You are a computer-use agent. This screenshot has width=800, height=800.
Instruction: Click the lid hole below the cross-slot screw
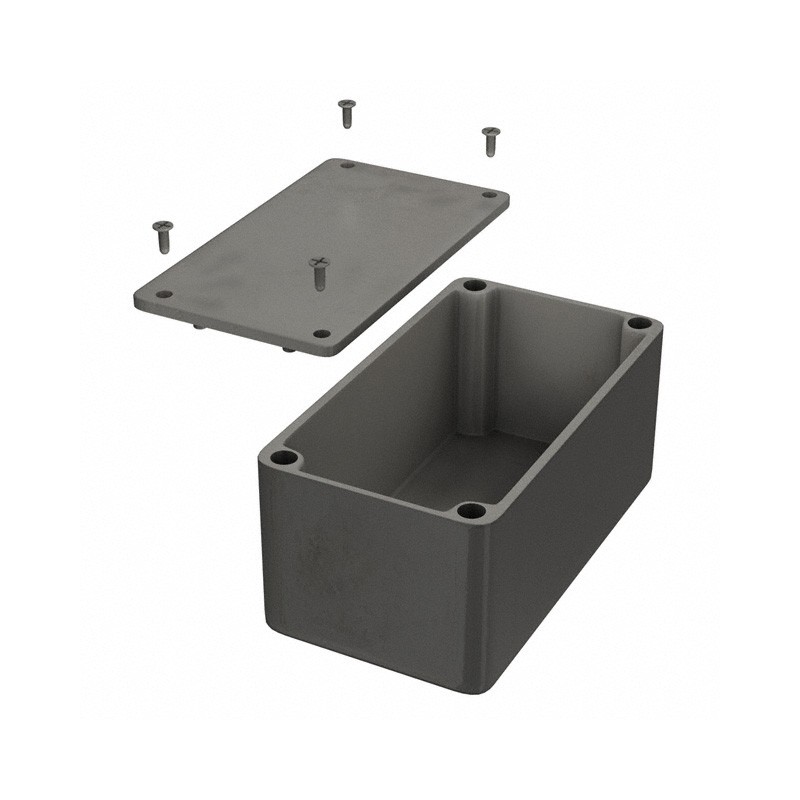[x=321, y=334]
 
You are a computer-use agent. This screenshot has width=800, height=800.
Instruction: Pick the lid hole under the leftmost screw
[x=164, y=295]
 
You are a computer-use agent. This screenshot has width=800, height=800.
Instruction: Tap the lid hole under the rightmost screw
[x=489, y=195]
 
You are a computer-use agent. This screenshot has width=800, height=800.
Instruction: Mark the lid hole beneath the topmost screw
[x=346, y=164]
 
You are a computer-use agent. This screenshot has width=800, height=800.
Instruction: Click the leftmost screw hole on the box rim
[x=284, y=458]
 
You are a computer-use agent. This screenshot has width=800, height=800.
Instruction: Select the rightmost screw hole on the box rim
[x=638, y=323]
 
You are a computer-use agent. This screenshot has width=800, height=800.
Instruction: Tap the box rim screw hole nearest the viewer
[x=471, y=511]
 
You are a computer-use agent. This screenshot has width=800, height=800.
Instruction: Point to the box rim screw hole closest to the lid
[x=475, y=286]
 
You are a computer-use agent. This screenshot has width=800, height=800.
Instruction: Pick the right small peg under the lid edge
[x=288, y=348]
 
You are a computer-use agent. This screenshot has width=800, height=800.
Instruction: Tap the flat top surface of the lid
[x=320, y=230]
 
